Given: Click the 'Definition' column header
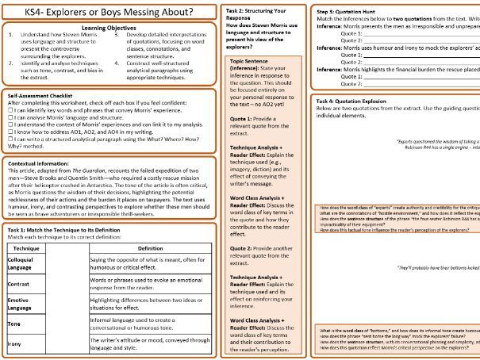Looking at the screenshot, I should point(145,247).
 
